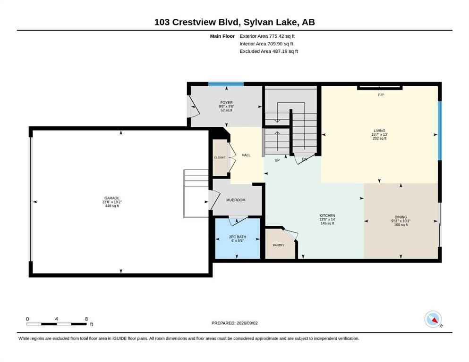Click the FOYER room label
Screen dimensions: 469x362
[x=226, y=102]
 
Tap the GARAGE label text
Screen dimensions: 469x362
[x=112, y=198]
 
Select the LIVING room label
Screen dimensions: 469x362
[x=380, y=131]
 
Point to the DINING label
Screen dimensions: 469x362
[x=401, y=217]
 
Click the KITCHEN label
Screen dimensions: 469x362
[x=327, y=215]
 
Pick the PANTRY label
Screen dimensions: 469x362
[x=279, y=245]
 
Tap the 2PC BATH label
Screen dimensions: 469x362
[x=238, y=237]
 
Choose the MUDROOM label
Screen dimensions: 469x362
[x=236, y=200]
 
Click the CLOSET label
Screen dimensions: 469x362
[x=220, y=157]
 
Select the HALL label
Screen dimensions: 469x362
[x=246, y=155]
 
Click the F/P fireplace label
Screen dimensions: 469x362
[x=381, y=95]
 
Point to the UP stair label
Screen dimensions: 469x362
[x=277, y=160]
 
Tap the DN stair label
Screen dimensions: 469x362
[x=305, y=159]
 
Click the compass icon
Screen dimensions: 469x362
[x=433, y=319]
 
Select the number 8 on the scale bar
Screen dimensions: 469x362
[x=86, y=319]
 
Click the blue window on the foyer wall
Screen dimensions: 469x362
[x=226, y=84]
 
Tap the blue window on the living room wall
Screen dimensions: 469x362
[x=440, y=131]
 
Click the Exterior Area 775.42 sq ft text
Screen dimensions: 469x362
[x=267, y=36]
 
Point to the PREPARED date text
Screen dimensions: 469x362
[x=234, y=323]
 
